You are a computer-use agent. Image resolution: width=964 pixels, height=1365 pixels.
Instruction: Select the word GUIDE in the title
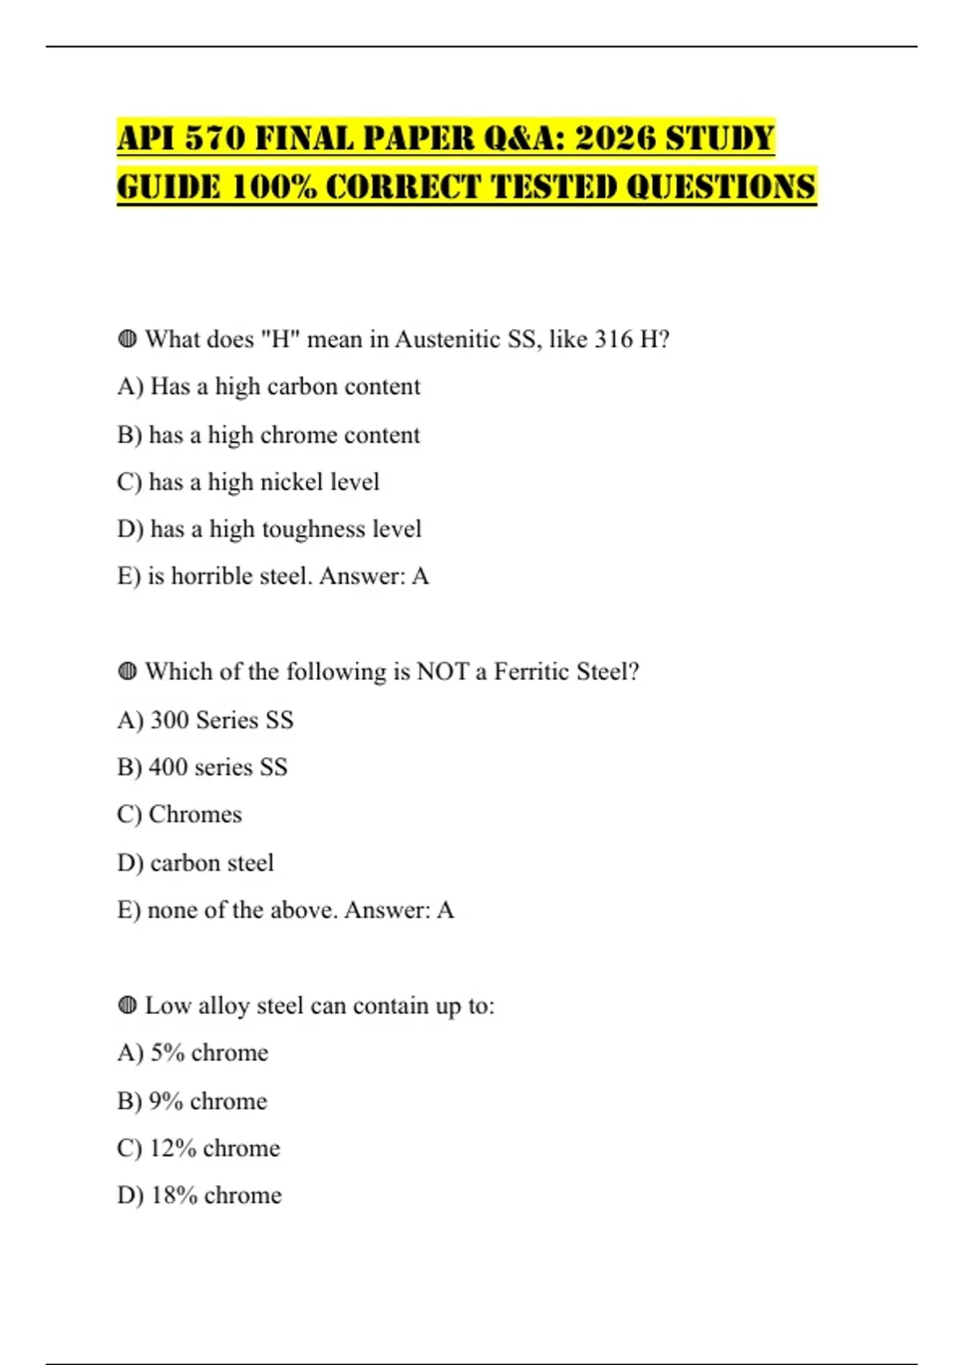168,187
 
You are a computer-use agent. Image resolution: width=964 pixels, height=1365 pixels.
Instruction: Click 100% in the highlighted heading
272,187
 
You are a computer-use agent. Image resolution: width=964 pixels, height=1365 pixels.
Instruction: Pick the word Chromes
195,814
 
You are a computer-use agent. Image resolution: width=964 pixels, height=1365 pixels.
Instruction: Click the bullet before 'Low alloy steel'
127,1005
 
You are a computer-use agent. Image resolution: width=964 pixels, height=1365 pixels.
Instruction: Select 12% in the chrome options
173,1148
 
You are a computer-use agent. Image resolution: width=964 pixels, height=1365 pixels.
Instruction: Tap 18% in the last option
174,1196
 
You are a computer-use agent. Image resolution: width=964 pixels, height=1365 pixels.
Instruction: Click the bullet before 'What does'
127,339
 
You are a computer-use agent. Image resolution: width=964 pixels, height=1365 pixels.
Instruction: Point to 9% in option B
165,1101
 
